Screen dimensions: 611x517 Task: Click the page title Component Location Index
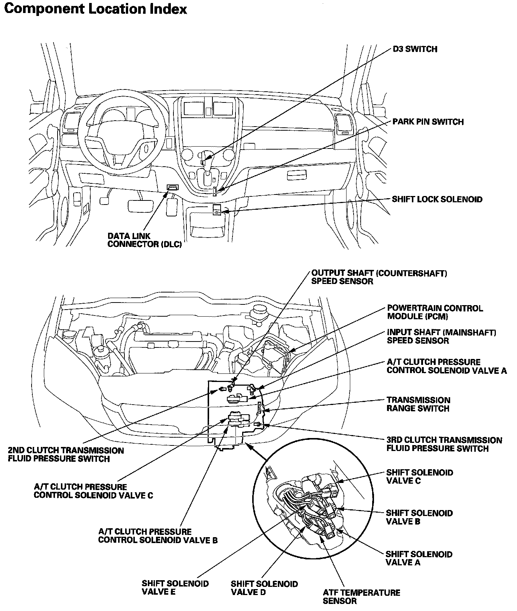(95, 9)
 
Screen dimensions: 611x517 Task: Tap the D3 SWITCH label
(415, 49)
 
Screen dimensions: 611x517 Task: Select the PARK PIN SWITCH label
(428, 122)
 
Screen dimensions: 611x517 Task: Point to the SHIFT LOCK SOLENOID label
(437, 199)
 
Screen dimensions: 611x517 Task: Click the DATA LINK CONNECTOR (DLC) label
(144, 241)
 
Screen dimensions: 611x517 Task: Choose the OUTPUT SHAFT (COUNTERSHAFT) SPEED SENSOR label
(379, 277)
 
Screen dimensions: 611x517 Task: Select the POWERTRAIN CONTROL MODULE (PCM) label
(435, 312)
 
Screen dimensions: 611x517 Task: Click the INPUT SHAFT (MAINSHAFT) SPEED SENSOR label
(441, 336)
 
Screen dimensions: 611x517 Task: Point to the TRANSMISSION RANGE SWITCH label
(418, 404)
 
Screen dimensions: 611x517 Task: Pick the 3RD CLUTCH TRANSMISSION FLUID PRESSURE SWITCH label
(444, 444)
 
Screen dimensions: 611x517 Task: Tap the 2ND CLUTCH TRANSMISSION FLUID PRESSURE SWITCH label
(66, 454)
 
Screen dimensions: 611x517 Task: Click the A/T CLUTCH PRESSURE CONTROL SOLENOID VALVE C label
(93, 491)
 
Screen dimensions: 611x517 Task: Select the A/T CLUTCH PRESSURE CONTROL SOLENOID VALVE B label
(158, 536)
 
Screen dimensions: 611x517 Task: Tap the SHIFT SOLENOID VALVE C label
(419, 477)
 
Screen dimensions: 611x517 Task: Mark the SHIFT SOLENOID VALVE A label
(419, 558)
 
